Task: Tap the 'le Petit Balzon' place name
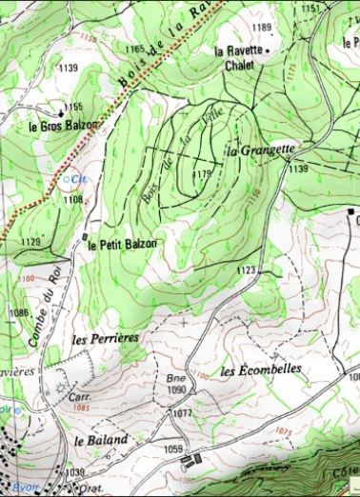pyautogui.click(x=122, y=244)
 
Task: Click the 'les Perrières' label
pyautogui.click(x=106, y=338)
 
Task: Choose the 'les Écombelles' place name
pyautogui.click(x=260, y=368)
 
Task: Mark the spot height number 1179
pyautogui.click(x=201, y=174)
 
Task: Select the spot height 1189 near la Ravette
pyautogui.click(x=262, y=28)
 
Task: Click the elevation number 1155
pyautogui.click(x=73, y=107)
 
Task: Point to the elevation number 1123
pyautogui.click(x=246, y=271)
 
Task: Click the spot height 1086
pyautogui.click(x=19, y=312)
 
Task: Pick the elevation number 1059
pyautogui.click(x=172, y=448)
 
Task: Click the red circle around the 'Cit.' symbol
pyautogui.click(x=67, y=176)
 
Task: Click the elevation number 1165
pyautogui.click(x=134, y=49)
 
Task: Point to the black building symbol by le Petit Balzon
pyautogui.click(x=85, y=236)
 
